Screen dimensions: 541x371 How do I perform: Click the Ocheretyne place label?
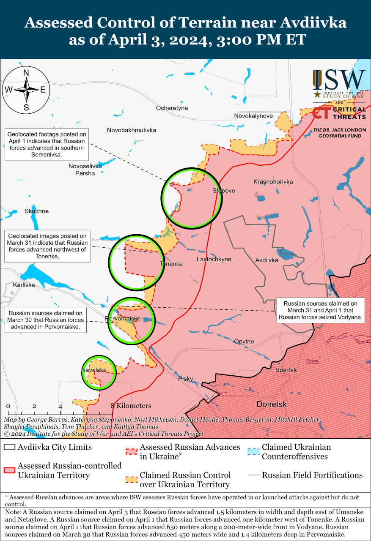pyautogui.click(x=172, y=108)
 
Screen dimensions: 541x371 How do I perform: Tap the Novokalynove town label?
pyautogui.click(x=254, y=116)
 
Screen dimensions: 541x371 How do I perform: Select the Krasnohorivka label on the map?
pyautogui.click(x=273, y=182)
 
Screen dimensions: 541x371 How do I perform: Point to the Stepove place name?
pyautogui.click(x=223, y=191)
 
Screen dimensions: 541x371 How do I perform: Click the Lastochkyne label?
pyautogui.click(x=214, y=259)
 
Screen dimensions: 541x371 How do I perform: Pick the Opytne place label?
pyautogui.click(x=244, y=342)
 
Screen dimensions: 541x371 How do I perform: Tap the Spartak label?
pyautogui.click(x=286, y=370)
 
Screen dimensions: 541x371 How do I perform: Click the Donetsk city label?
pyautogui.click(x=272, y=404)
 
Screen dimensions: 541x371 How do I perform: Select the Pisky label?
pyautogui.click(x=185, y=379)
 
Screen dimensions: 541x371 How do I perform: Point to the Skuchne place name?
pyautogui.click(x=36, y=211)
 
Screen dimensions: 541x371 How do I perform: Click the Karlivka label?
pyautogui.click(x=24, y=285)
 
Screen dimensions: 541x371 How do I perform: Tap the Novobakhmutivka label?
pyautogui.click(x=132, y=130)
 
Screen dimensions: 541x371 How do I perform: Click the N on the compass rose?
pyautogui.click(x=26, y=73)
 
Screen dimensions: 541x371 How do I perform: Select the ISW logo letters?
pyautogui.click(x=339, y=80)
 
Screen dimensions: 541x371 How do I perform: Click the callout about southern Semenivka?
pyautogui.click(x=46, y=145)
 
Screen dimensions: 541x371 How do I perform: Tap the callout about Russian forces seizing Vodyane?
pyautogui.click(x=320, y=310)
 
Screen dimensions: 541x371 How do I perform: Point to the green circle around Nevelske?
pyautogui.click(x=99, y=372)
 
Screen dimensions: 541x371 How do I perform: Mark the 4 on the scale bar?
pyautogui.click(x=60, y=406)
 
